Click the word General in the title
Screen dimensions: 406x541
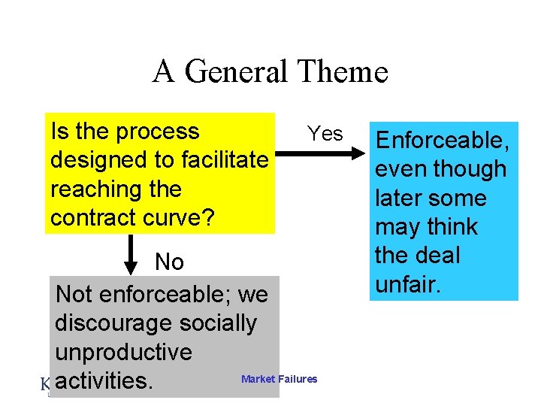click(235, 72)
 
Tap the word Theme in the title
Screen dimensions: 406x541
click(343, 72)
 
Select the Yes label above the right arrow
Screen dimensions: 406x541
click(325, 134)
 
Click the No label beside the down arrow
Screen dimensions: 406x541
click(169, 262)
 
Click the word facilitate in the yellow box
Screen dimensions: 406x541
click(223, 160)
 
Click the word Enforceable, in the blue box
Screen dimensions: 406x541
click(443, 141)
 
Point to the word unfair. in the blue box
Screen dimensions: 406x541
click(407, 284)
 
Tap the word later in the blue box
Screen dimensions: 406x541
click(400, 198)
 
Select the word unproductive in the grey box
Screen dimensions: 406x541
click(123, 352)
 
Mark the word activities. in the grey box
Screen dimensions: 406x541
click(104, 380)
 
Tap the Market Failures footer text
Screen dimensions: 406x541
click(279, 380)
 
